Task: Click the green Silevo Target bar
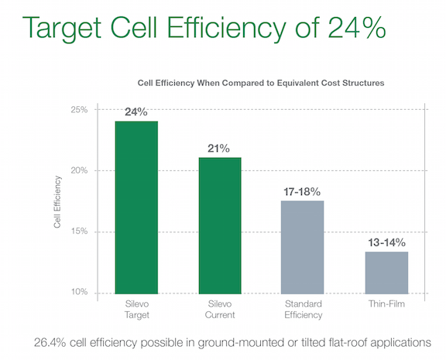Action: (136, 207)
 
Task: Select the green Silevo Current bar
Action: (220, 225)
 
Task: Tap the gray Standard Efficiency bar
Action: (302, 246)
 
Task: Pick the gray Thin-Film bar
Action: (386, 272)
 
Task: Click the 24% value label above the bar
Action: (136, 111)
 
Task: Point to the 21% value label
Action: (220, 147)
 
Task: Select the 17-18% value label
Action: (302, 190)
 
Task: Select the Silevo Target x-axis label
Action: (136, 310)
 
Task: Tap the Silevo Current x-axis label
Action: (220, 310)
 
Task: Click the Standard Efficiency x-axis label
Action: (302, 310)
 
